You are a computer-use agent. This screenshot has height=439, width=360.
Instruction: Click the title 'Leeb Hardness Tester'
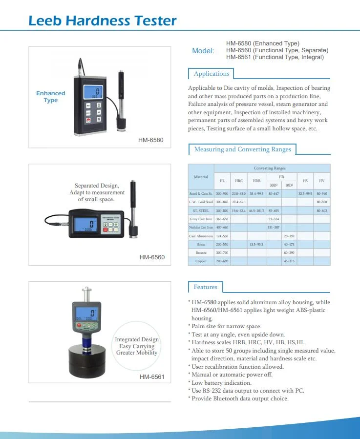click(102, 21)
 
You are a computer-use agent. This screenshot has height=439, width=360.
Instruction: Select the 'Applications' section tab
click(211, 74)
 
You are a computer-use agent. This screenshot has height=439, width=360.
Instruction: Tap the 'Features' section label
click(205, 287)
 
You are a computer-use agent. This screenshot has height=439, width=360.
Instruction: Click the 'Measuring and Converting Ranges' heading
click(242, 149)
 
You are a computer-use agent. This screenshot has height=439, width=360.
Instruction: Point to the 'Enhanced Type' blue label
click(50, 97)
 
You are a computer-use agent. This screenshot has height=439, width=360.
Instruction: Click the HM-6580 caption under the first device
click(151, 141)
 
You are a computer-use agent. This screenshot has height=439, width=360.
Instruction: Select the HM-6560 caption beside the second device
click(152, 257)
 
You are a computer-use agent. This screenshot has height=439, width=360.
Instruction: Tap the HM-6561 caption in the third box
click(152, 377)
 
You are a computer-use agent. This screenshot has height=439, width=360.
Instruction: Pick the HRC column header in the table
click(239, 181)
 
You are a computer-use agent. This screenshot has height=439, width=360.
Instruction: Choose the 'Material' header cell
click(201, 177)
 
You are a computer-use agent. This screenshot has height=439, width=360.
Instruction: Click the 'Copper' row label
click(201, 261)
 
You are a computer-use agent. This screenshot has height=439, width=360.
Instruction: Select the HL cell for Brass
click(222, 244)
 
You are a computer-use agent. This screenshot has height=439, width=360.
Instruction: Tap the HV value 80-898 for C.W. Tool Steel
click(321, 202)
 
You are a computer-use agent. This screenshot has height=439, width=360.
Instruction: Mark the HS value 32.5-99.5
click(305, 193)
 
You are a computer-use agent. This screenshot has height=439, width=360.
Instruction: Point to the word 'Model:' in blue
click(203, 51)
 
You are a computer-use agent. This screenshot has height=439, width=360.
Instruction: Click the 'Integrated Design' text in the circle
click(137, 339)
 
